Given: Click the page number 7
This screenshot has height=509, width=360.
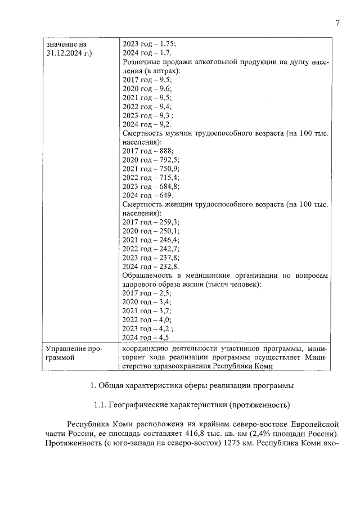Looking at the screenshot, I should (337, 23).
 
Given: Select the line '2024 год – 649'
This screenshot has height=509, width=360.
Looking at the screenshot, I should (147, 195).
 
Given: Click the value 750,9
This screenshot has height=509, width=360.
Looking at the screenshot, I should (168, 169).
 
